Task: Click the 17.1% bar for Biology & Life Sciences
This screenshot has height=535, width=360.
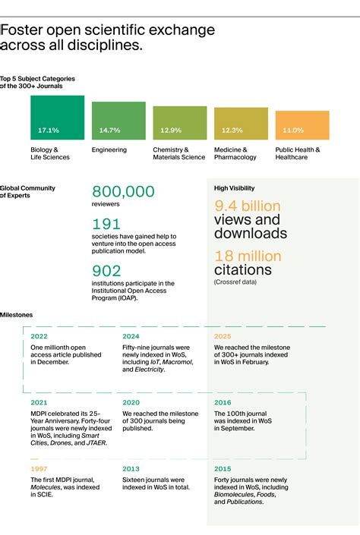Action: click(x=57, y=118)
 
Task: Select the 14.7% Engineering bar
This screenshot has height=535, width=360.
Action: click(x=118, y=121)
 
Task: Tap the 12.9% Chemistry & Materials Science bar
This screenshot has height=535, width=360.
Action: click(x=179, y=123)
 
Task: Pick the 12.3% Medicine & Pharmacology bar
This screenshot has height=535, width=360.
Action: click(x=241, y=124)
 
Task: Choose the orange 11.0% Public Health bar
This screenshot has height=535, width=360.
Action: click(x=302, y=125)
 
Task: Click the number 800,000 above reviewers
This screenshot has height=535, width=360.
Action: click(x=123, y=192)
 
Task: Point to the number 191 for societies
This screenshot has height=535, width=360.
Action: click(x=106, y=225)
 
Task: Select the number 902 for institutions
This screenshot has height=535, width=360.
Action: click(x=107, y=270)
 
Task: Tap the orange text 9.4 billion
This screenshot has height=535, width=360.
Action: click(x=247, y=206)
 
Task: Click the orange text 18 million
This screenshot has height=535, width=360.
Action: click(x=247, y=256)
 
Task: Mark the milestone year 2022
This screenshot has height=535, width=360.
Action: click(x=39, y=335)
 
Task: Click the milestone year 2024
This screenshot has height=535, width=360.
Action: click(x=131, y=335)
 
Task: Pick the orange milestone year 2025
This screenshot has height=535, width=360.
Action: click(x=223, y=335)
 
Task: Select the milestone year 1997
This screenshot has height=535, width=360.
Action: click(x=38, y=469)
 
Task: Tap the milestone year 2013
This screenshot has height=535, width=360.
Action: click(x=130, y=469)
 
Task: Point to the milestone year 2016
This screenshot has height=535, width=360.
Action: click(x=223, y=402)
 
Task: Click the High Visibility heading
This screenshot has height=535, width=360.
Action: click(x=234, y=187)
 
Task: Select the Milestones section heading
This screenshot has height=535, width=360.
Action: click(x=16, y=314)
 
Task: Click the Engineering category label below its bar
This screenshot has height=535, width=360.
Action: click(x=109, y=150)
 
